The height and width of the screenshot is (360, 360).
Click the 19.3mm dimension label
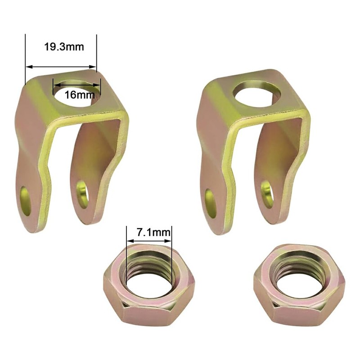click(x=64, y=47)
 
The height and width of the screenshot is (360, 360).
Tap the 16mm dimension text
click(x=80, y=94)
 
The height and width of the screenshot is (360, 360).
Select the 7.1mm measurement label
click(x=154, y=232)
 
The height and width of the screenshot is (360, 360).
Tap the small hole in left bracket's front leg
click(x=26, y=201)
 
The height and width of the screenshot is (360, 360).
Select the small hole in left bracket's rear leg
click(x=82, y=194)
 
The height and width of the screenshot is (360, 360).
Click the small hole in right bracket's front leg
click(x=211, y=203)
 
